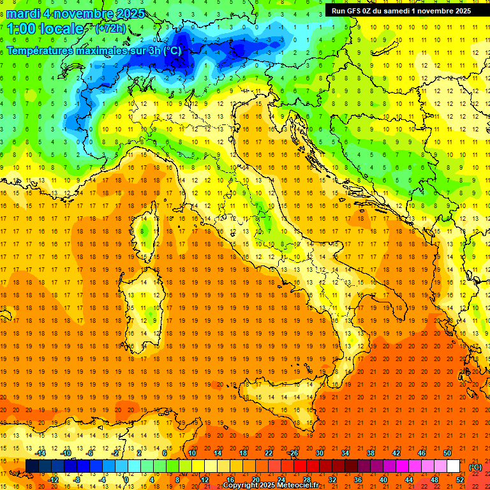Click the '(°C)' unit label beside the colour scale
[x=475, y=467]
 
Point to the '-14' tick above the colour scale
[x=40, y=453]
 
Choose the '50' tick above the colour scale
[x=447, y=453]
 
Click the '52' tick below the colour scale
[x=460, y=479]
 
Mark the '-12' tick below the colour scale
[x=53, y=479]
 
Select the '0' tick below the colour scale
[x=126, y=479]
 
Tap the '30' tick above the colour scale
[x=319, y=453]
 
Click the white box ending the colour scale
[x=454, y=466]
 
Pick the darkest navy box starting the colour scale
[x=32, y=466]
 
